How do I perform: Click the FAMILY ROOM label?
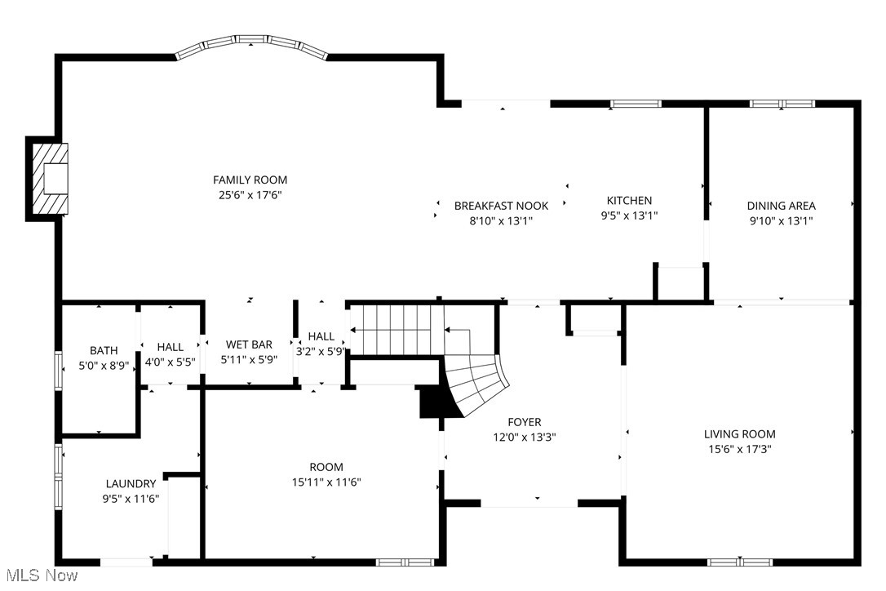click(x=250, y=180)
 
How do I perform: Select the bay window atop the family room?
click(x=252, y=45)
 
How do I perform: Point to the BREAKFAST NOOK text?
click(x=501, y=206)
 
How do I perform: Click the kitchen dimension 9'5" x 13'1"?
click(x=629, y=216)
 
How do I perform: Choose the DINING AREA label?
click(x=781, y=206)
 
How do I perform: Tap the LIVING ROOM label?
click(x=739, y=434)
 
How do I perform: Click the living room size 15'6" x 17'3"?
click(x=739, y=449)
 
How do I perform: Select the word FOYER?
click(x=524, y=422)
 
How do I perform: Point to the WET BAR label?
click(x=249, y=345)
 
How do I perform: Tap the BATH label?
click(x=104, y=351)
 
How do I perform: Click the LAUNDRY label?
click(x=131, y=484)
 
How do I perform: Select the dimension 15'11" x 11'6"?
click(x=326, y=482)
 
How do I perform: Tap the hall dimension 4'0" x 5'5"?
click(x=170, y=362)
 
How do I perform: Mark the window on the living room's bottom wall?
click(x=739, y=562)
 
